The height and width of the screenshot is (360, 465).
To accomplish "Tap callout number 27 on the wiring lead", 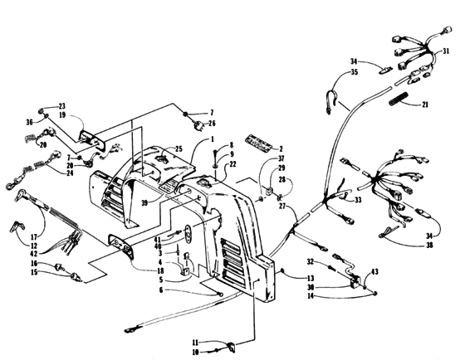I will [x=282, y=206].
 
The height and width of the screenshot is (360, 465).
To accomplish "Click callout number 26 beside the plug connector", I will [x=211, y=124].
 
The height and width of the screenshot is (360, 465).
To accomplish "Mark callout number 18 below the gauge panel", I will [x=160, y=271].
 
